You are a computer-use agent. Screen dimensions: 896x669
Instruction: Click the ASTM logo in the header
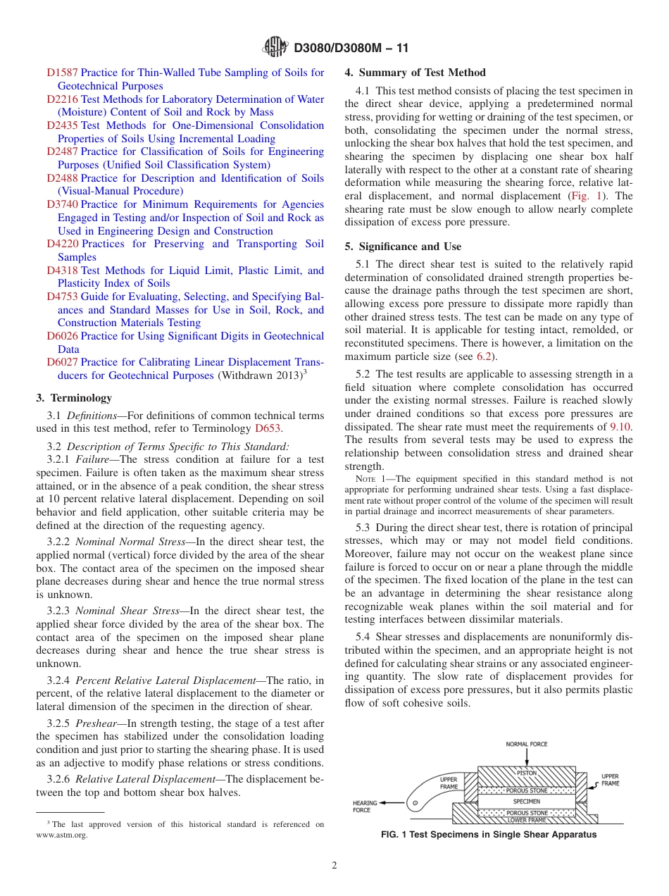[275, 48]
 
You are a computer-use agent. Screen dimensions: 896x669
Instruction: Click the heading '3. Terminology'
[74, 398]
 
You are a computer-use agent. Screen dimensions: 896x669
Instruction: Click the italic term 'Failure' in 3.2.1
[92, 459]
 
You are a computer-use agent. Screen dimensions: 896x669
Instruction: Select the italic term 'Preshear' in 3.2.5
[96, 724]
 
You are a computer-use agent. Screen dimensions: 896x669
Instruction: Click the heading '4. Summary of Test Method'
[415, 73]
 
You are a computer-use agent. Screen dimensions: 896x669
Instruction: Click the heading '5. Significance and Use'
[403, 247]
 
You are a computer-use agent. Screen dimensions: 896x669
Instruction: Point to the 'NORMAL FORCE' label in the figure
[526, 744]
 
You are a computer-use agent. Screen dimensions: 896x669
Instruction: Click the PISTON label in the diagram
[527, 773]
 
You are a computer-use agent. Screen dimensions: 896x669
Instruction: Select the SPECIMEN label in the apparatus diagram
[527, 801]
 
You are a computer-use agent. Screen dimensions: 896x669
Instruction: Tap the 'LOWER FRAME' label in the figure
[527, 820]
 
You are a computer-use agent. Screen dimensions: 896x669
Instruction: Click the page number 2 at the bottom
[334, 866]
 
